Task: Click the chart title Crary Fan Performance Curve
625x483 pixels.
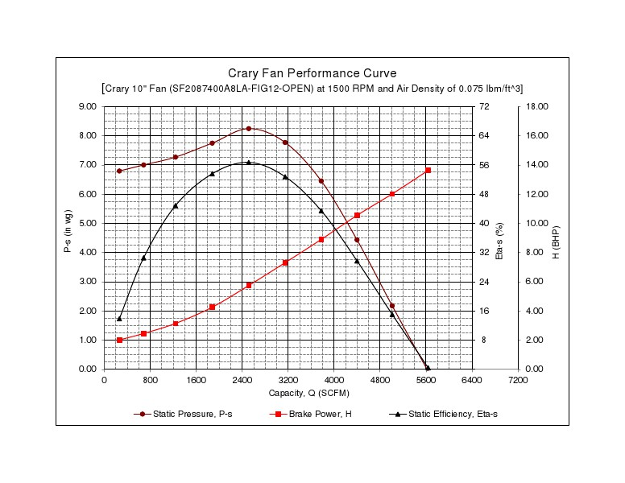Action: tap(312, 73)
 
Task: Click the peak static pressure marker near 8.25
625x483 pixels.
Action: tap(249, 129)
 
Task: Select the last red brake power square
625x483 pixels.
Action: tap(428, 171)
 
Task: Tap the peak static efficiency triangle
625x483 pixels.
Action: tap(249, 163)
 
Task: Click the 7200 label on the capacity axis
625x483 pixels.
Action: tap(518, 380)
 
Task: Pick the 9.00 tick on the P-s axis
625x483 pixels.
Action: tap(87, 106)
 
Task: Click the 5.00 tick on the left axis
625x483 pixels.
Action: tap(87, 223)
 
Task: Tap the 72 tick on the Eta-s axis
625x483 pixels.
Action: tap(483, 106)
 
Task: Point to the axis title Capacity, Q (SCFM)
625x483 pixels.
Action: tap(311, 393)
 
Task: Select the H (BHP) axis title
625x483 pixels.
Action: tap(557, 237)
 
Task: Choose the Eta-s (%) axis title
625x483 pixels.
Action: tap(499, 237)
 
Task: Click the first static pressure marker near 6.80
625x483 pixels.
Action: tap(119, 171)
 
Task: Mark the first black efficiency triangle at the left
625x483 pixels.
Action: tap(119, 319)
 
